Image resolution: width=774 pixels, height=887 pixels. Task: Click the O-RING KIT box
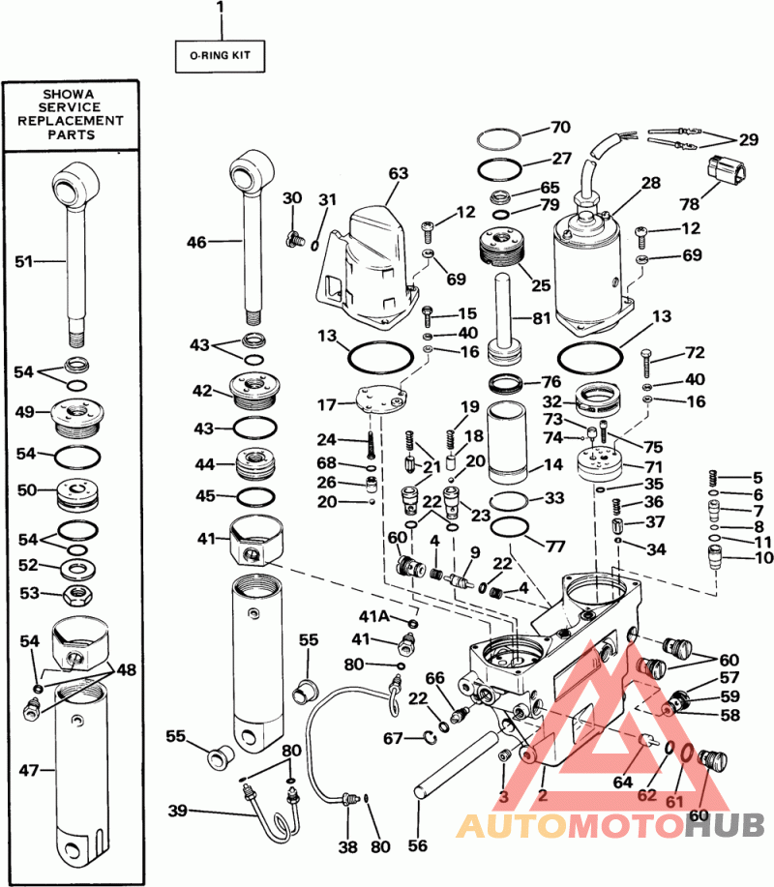coord(220,56)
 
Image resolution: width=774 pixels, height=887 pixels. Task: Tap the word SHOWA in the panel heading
coord(69,94)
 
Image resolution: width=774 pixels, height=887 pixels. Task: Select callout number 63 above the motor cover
coord(399,173)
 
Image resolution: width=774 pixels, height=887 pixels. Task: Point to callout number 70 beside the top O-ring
coord(561,127)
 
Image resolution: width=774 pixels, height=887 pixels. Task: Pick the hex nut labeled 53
coord(76,595)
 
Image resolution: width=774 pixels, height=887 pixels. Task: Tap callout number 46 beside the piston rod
coord(196,242)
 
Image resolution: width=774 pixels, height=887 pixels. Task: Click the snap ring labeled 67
coord(429,736)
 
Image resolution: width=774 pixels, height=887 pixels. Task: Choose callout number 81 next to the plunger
coord(542,318)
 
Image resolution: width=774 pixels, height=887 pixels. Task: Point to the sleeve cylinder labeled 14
coord(509,442)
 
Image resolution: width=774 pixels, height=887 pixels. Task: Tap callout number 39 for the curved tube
coord(178,811)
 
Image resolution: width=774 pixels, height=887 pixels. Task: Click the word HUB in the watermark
coord(725,826)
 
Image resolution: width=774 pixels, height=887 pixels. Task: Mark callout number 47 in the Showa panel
coord(29,770)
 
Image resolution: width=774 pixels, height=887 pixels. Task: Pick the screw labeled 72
coord(646,361)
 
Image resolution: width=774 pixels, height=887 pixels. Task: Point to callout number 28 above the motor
coord(651,183)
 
